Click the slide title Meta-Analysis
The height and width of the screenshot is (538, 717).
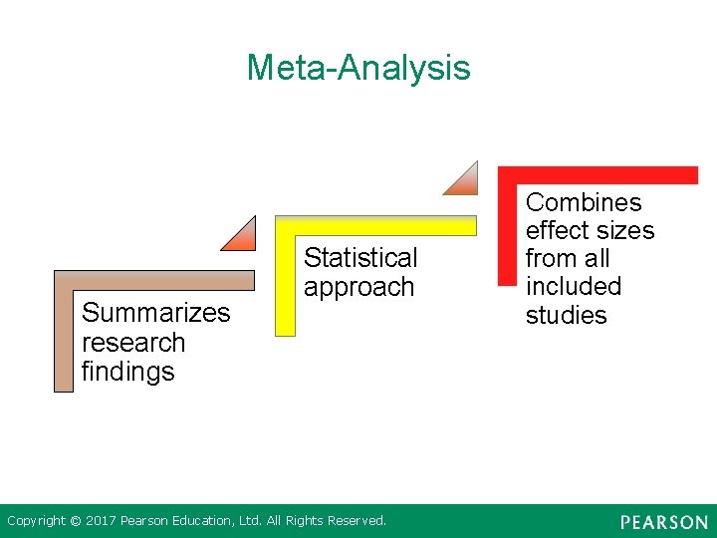(358, 68)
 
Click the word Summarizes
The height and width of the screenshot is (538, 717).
(155, 313)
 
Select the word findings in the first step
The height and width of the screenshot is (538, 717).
(127, 372)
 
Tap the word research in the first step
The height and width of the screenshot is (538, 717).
(133, 343)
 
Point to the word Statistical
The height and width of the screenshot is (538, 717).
(360, 258)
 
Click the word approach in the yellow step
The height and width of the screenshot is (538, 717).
(358, 288)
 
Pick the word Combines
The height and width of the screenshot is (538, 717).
(584, 202)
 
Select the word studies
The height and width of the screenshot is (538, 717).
(566, 316)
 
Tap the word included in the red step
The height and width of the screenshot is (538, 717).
(573, 287)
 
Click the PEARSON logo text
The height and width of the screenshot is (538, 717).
(663, 522)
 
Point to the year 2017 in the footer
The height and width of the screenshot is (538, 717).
(101, 521)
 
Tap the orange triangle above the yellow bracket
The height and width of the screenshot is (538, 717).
(465, 182)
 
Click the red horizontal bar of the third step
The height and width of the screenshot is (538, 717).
(597, 175)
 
